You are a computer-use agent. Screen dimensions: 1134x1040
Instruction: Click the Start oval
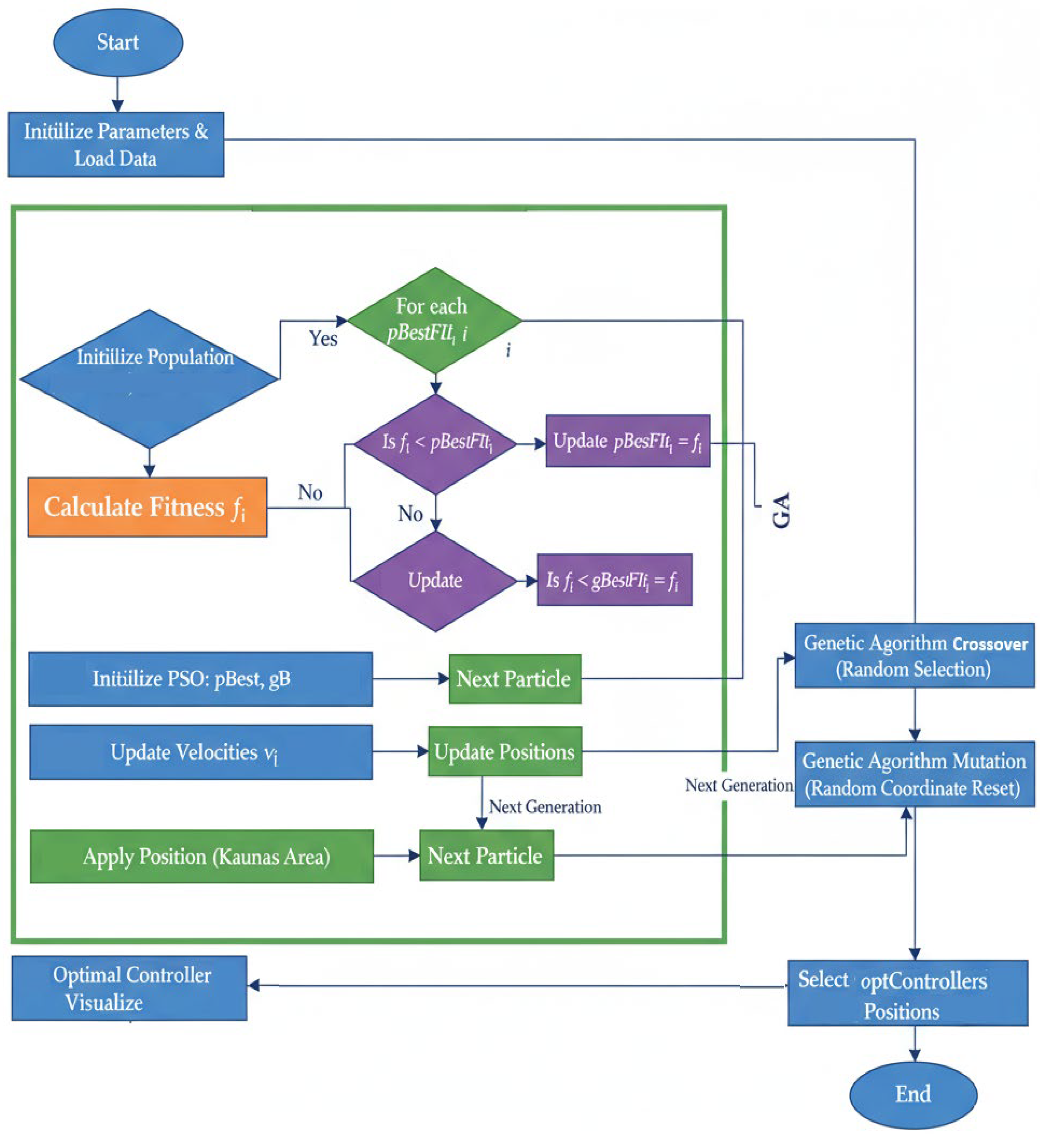118,42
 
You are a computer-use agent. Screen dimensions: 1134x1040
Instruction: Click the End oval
913,1094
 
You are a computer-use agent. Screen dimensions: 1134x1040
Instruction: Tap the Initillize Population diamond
149,378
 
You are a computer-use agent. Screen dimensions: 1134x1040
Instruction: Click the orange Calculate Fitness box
147,507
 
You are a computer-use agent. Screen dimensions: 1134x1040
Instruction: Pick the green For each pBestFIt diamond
434,320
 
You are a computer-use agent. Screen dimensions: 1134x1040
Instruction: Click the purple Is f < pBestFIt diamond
435,443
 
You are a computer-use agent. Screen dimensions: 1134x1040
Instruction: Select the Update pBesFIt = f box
628,441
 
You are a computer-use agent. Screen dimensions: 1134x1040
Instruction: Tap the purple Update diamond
435,580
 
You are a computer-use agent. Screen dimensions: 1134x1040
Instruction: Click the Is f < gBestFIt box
614,580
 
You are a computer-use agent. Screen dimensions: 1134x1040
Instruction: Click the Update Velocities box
200,752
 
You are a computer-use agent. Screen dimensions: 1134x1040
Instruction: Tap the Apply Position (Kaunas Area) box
202,856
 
